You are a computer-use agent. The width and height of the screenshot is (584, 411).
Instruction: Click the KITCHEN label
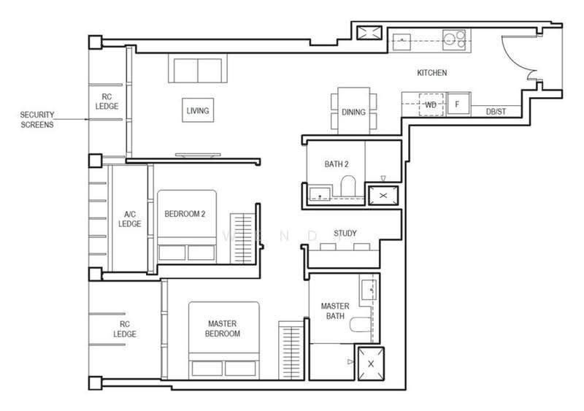(x=431, y=73)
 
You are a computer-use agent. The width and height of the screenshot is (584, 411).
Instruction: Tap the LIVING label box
(x=198, y=110)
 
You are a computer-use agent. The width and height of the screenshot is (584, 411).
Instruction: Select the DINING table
(x=354, y=111)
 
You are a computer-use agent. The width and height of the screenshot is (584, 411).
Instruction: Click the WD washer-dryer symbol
(x=431, y=104)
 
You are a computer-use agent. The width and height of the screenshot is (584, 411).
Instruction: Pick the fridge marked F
(x=458, y=104)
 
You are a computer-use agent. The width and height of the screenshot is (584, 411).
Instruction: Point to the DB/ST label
(x=496, y=112)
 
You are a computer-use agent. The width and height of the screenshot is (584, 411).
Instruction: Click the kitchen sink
(x=401, y=42)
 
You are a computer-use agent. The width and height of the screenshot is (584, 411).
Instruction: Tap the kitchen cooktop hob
(x=454, y=40)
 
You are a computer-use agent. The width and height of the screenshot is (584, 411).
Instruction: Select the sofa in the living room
(x=197, y=68)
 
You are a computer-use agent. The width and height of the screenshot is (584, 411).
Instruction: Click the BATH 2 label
(x=337, y=164)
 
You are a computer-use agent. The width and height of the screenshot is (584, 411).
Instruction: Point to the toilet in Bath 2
(x=349, y=185)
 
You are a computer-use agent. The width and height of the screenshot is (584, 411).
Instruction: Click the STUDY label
(x=345, y=234)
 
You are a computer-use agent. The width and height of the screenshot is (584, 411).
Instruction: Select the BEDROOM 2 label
(x=185, y=214)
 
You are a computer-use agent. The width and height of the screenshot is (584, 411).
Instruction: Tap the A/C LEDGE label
(x=130, y=219)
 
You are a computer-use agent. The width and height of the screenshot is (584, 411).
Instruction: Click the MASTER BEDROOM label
(x=223, y=329)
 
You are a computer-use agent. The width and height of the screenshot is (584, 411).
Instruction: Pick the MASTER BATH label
(x=335, y=311)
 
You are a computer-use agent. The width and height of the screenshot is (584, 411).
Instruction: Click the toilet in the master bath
(x=361, y=324)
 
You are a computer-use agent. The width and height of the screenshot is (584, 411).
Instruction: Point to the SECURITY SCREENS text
(x=37, y=120)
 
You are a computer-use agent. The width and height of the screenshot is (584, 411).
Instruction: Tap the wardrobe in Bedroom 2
(x=242, y=238)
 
